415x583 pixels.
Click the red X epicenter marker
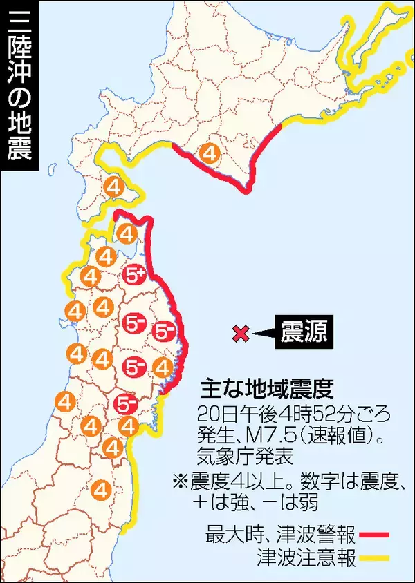point(240,333)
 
